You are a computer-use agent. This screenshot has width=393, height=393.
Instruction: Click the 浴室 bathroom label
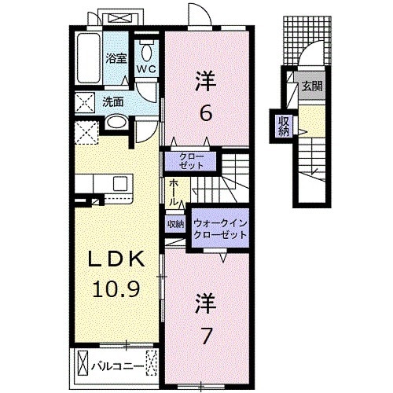click(117, 58)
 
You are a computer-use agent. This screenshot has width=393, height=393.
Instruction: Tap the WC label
click(145, 69)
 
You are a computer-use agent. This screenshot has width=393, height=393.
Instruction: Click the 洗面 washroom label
click(112, 101)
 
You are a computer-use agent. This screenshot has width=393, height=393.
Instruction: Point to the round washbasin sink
click(115, 123)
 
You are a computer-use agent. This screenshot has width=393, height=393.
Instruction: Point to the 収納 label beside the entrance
click(282, 125)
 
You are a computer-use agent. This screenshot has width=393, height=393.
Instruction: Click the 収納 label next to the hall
click(174, 223)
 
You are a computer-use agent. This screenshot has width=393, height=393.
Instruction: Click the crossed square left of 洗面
click(83, 102)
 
